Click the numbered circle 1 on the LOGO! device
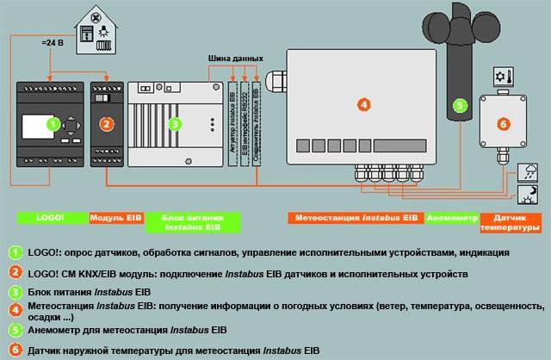point(53,125)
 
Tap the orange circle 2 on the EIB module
point(106,124)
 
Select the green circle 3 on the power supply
point(176,125)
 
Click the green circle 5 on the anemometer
point(460,106)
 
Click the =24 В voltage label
point(54,40)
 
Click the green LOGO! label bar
point(52,219)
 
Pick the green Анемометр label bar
point(451,219)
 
